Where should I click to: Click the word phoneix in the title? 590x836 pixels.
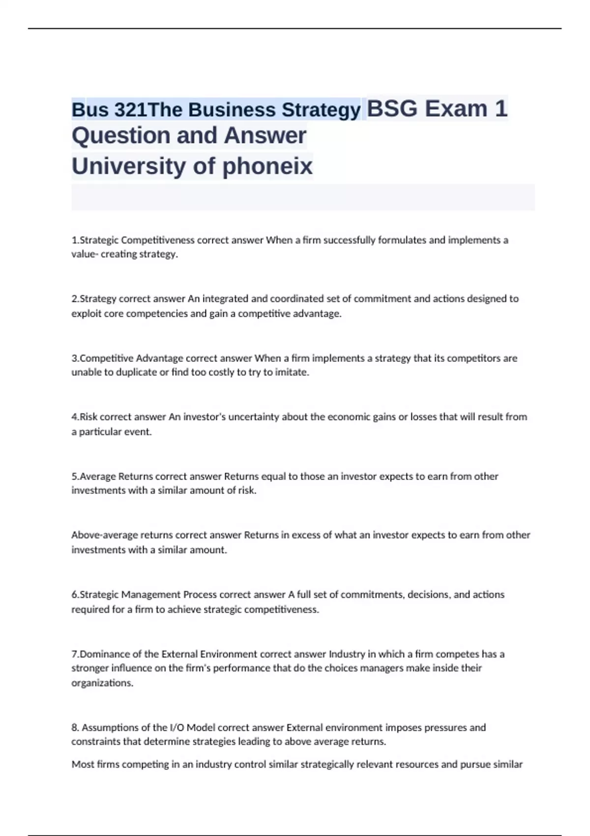click(267, 166)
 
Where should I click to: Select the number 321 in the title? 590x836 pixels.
click(131, 110)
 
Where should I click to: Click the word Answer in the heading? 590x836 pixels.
click(265, 136)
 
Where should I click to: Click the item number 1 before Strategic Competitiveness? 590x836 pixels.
click(74, 240)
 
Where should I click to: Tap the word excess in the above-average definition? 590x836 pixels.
click(306, 535)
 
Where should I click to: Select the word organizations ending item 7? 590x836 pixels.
click(102, 683)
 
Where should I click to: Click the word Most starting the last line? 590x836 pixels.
click(82, 765)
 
